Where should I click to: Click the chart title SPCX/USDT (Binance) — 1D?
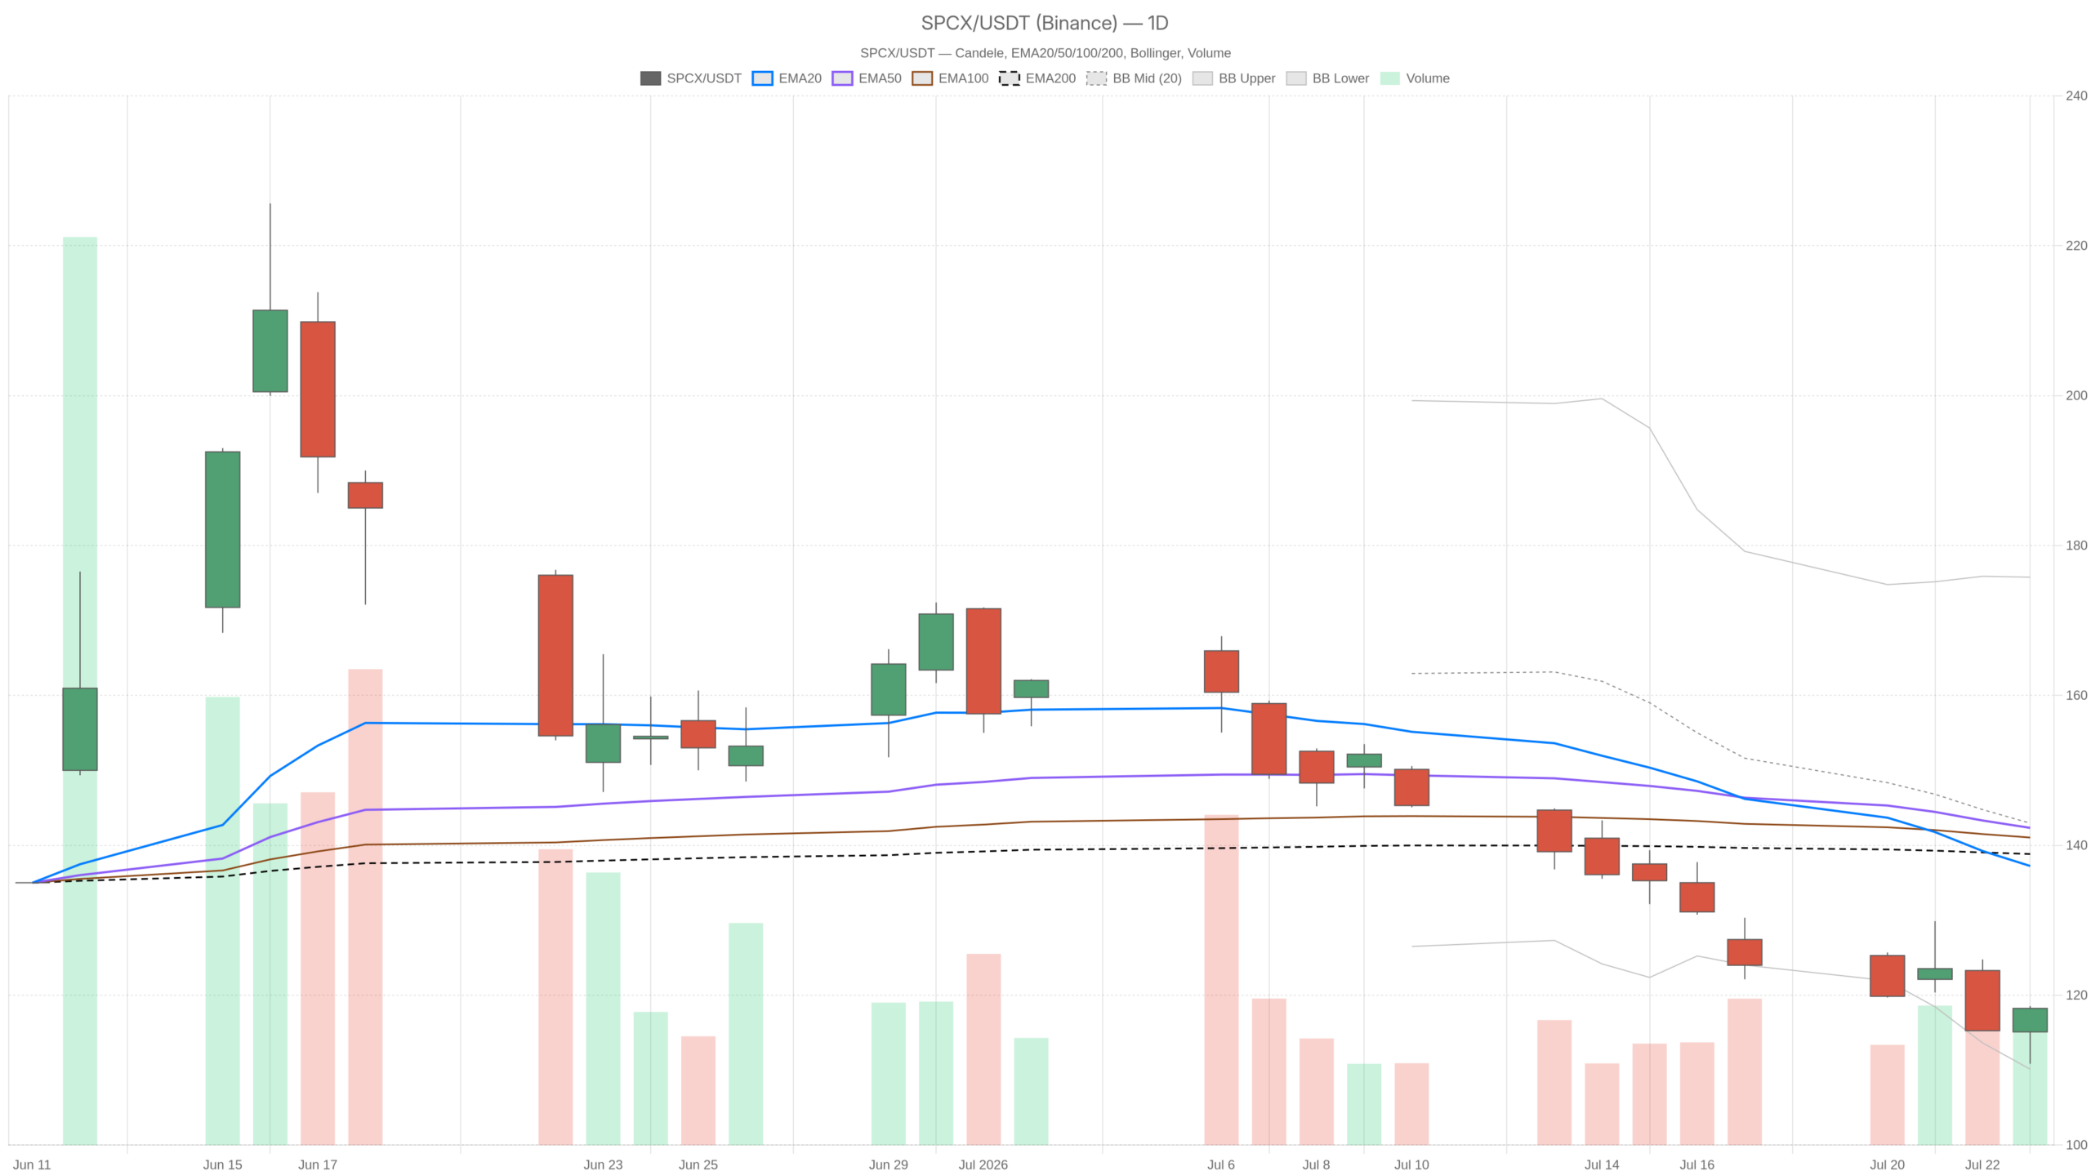(x=1045, y=23)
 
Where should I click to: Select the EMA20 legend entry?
(x=787, y=78)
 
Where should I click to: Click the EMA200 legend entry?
(x=1037, y=78)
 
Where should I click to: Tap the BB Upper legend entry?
(x=1233, y=78)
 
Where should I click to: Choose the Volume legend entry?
(x=1415, y=78)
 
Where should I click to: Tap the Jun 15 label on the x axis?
(x=222, y=1165)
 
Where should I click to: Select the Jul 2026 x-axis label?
(x=983, y=1165)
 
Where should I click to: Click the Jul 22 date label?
(x=1982, y=1165)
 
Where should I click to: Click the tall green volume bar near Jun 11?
(x=80, y=691)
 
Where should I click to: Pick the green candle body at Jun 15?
(x=222, y=529)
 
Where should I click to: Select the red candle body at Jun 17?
(x=318, y=389)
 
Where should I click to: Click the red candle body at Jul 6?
(x=1221, y=671)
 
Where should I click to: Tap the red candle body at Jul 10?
(x=1411, y=787)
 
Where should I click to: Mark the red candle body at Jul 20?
(x=1887, y=976)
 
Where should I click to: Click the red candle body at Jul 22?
(x=1982, y=1000)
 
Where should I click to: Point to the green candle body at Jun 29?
(x=888, y=689)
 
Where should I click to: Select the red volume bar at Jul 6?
(x=1221, y=979)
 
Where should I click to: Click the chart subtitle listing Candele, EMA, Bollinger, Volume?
(x=1045, y=53)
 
